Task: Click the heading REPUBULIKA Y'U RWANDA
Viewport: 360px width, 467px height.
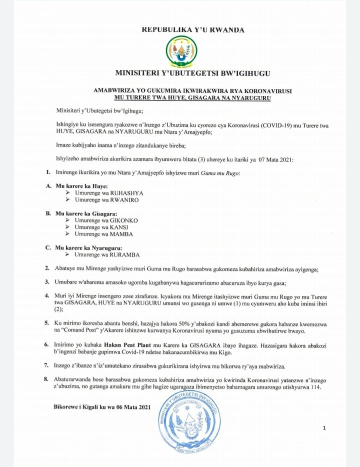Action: click(x=193, y=30)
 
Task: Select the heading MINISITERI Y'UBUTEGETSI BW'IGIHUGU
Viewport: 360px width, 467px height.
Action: click(x=192, y=73)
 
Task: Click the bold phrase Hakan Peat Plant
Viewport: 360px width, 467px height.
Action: click(x=127, y=345)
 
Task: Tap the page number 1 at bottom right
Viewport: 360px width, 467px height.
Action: click(x=324, y=428)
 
